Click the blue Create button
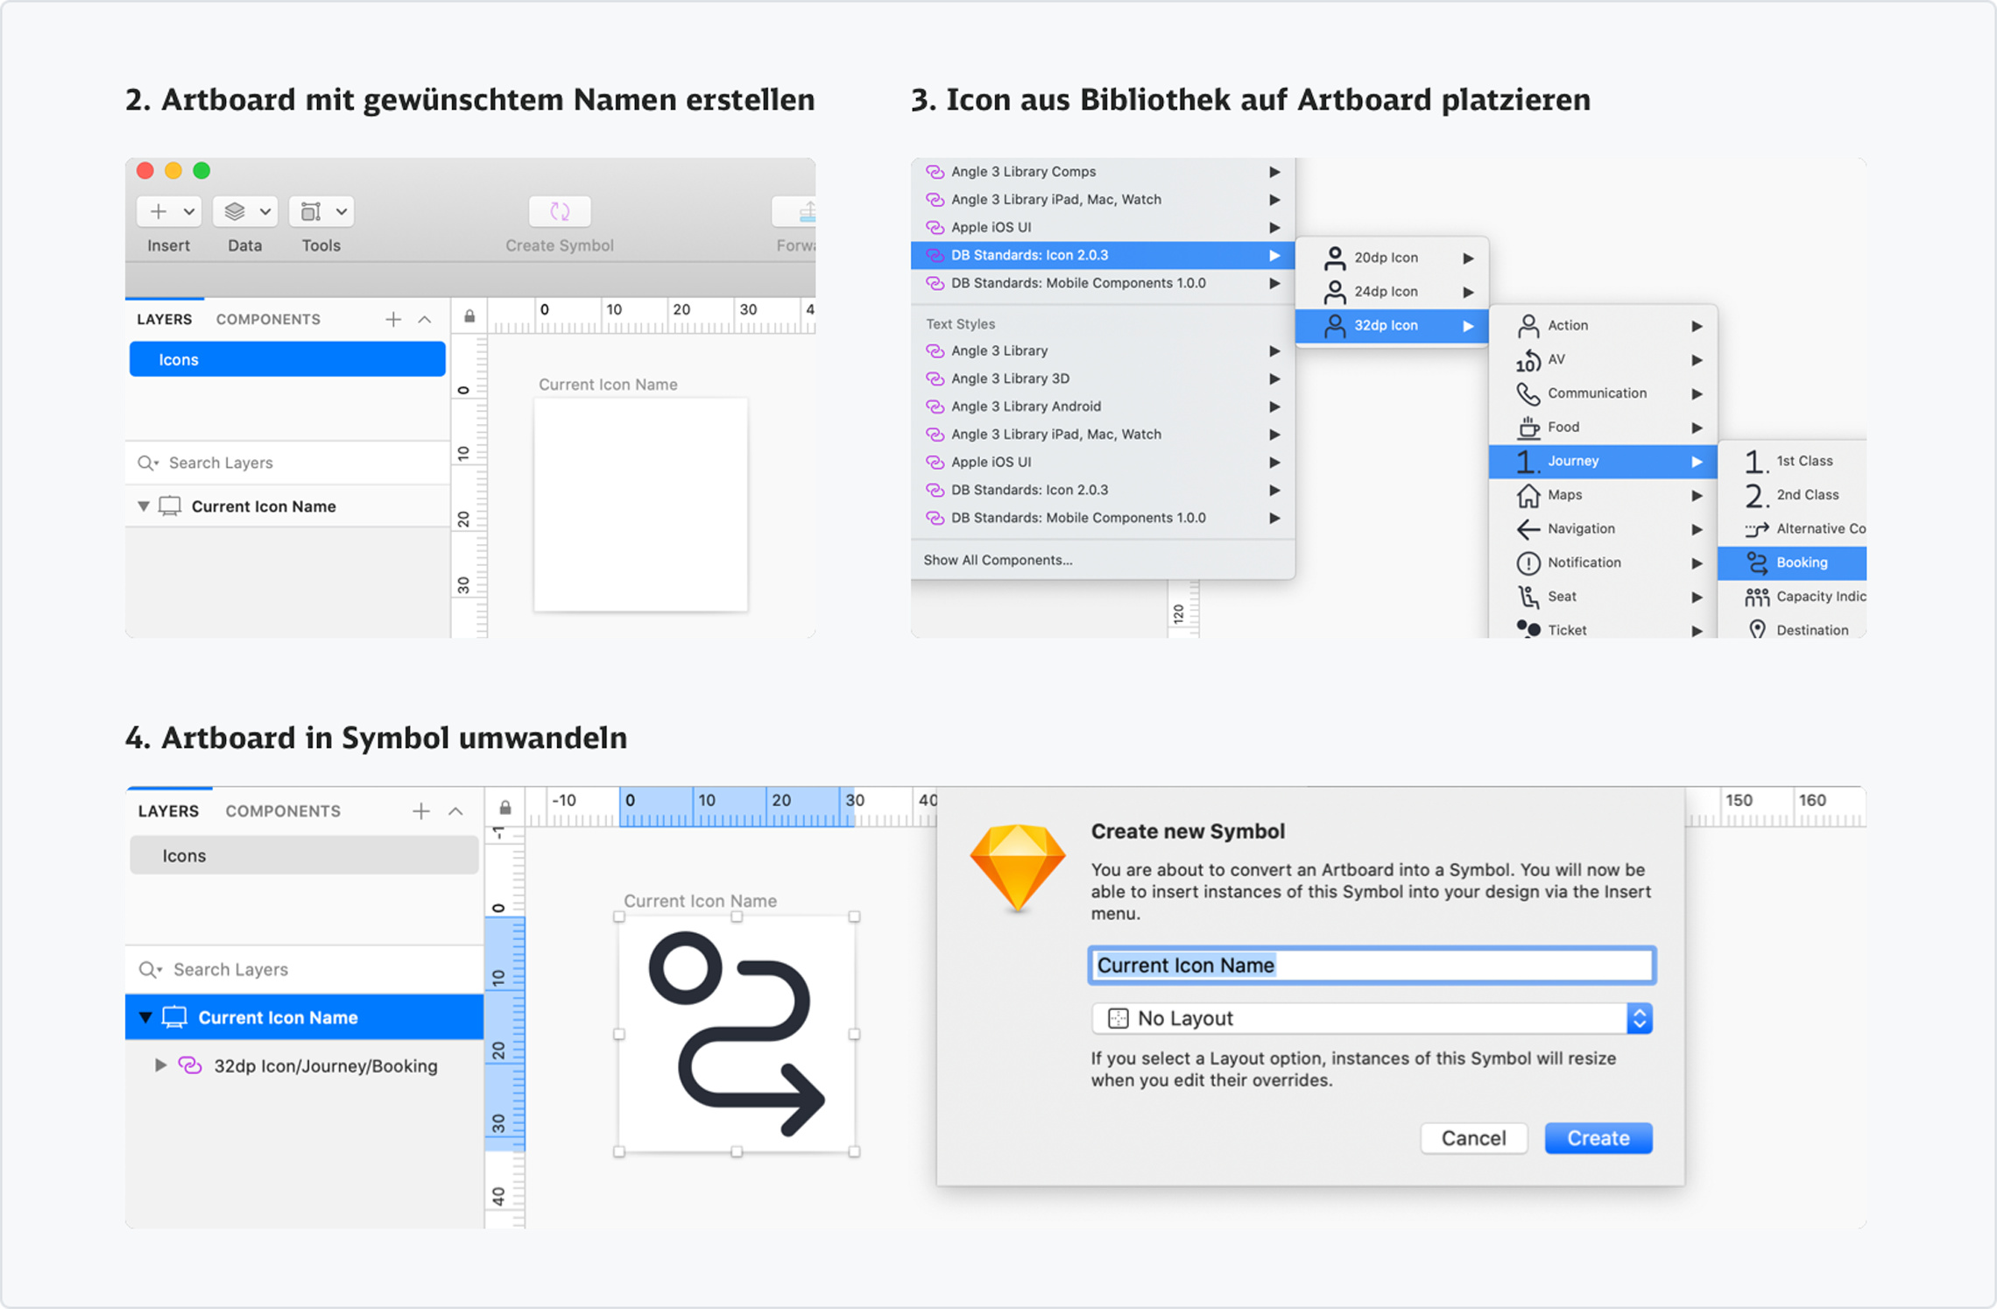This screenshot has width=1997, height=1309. pos(1598,1137)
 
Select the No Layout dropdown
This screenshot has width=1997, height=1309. pos(1372,1018)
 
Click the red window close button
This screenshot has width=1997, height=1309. pos(145,170)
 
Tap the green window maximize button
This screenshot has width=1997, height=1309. pos(201,170)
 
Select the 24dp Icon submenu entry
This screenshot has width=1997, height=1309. pos(1392,291)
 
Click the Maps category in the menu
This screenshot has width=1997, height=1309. pos(1603,495)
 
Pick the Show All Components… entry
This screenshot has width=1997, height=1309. pos(998,560)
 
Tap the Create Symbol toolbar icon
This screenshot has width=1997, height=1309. pos(560,211)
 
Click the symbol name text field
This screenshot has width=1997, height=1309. pos(1372,965)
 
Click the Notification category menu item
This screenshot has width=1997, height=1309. pos(1603,563)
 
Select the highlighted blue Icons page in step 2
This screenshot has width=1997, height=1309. pos(287,359)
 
